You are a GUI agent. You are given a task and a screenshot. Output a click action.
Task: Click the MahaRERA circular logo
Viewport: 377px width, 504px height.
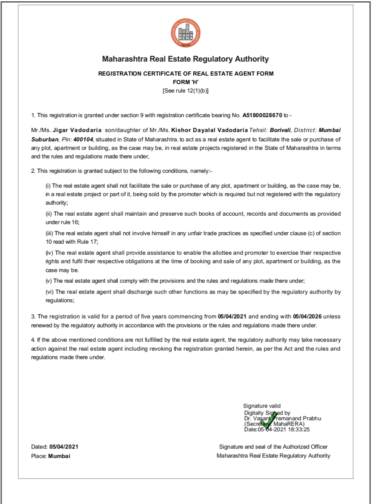tap(186, 33)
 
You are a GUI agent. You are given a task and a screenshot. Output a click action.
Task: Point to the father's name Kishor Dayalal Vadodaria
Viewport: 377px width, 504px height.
tap(209, 128)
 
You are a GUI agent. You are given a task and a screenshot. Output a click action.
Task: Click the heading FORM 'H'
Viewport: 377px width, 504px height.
tap(186, 82)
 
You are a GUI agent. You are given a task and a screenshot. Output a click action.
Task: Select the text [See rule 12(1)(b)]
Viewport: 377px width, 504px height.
tap(186, 90)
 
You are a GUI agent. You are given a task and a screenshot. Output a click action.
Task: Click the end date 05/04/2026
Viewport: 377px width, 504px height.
tap(307, 316)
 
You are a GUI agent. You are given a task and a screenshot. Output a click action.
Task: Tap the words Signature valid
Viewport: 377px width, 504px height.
tap(262, 406)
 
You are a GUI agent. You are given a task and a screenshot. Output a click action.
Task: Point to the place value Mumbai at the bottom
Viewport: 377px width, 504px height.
tap(59, 456)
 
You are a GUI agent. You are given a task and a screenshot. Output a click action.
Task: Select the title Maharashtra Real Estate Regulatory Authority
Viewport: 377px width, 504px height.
tap(186, 59)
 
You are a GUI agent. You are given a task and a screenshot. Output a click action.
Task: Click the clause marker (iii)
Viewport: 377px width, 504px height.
tap(50, 234)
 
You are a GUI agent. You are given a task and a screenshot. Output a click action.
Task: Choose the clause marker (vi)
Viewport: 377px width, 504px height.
tap(50, 292)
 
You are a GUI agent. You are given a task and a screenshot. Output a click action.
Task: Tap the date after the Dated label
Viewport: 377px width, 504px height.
tap(64, 447)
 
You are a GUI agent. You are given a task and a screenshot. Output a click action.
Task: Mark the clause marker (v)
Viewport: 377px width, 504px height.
tap(49, 281)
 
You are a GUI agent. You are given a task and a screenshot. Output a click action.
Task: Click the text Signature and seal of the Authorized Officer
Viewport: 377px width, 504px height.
tap(273, 447)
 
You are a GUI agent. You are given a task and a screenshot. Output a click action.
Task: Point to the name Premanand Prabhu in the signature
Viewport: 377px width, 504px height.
tap(299, 418)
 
